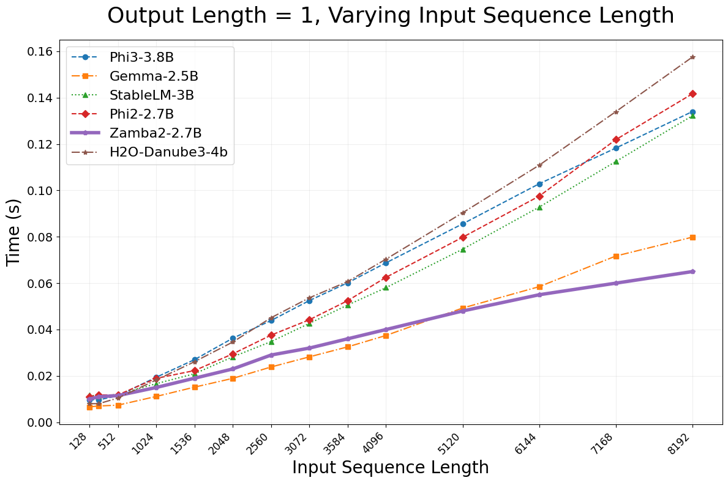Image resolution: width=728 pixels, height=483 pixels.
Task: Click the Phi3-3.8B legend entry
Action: click(x=141, y=57)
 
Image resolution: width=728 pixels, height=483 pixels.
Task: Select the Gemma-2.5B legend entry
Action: click(x=154, y=76)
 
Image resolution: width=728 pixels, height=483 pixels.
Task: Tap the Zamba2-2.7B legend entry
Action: click(x=156, y=133)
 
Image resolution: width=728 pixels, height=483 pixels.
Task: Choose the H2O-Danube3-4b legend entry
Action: click(x=168, y=152)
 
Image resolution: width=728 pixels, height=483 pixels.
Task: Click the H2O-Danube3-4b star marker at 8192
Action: click(x=692, y=57)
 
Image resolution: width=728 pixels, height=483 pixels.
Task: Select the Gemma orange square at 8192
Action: click(x=692, y=237)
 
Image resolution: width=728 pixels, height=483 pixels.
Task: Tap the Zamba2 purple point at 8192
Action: click(x=692, y=271)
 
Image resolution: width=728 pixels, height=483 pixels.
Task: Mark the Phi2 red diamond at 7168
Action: click(x=616, y=140)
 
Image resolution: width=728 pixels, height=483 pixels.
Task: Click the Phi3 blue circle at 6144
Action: click(x=539, y=184)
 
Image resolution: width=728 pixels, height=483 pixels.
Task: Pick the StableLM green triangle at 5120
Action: click(x=463, y=249)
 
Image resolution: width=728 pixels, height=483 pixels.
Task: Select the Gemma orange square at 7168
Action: click(x=616, y=256)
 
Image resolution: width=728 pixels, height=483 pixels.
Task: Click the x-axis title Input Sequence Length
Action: click(x=390, y=468)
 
